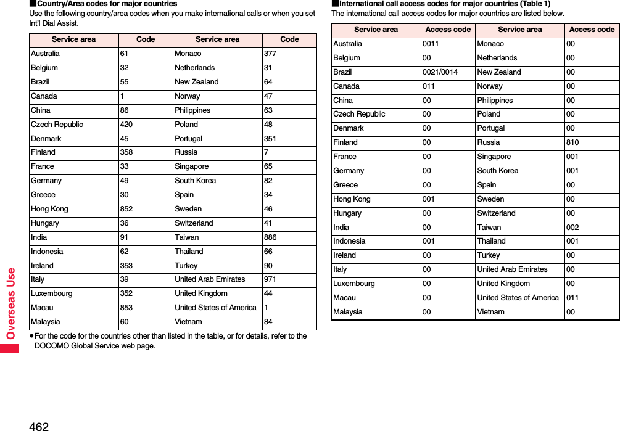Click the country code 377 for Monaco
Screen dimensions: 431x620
[270, 54]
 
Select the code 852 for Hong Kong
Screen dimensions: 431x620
[126, 209]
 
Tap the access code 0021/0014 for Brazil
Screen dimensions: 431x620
[440, 72]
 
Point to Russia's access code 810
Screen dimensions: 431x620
[572, 142]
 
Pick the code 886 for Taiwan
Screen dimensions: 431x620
[270, 237]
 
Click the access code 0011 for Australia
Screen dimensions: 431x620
[431, 44]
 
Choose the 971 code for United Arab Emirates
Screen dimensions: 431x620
[270, 279]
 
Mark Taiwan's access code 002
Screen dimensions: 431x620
[572, 228]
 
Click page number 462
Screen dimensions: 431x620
[38, 425]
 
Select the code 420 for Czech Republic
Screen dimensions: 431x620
[126, 125]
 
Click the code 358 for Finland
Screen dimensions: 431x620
[126, 152]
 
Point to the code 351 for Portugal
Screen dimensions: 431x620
[270, 139]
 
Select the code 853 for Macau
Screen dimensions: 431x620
[126, 308]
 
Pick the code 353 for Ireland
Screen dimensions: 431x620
[126, 266]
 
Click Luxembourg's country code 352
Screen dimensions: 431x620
[126, 293]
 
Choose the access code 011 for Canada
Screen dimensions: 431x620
[429, 86]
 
